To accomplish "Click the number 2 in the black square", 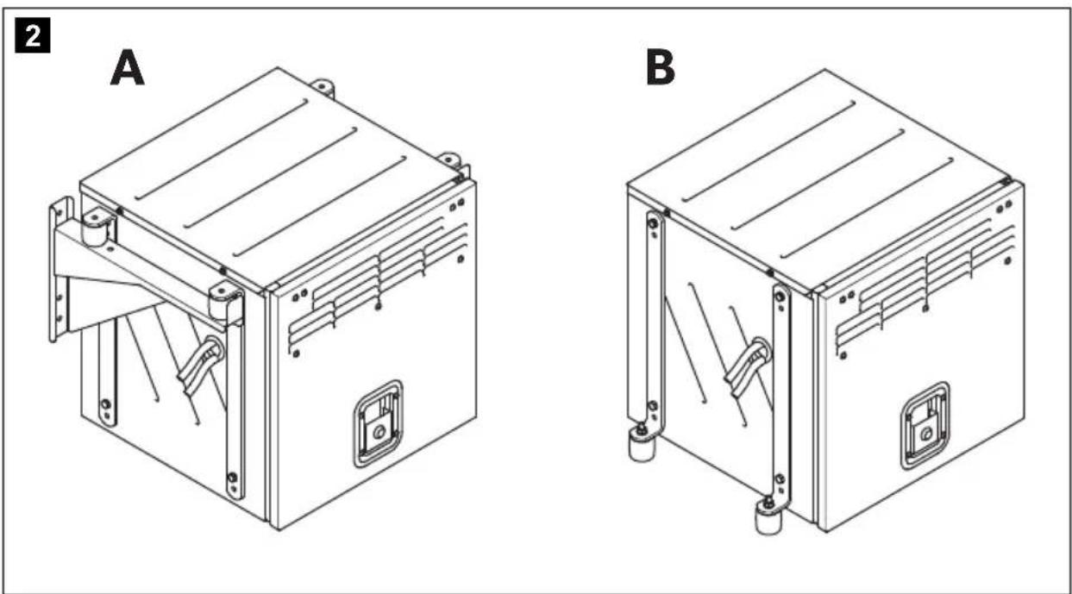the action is click(33, 35).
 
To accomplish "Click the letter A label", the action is click(128, 69).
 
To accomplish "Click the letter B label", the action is click(661, 68).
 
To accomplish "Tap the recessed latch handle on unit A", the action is click(378, 424).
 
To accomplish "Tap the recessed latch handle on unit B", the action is click(925, 426).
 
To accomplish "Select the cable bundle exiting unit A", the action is click(200, 366).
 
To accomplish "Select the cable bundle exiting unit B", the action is click(747, 366).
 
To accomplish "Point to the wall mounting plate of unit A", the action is click(60, 269).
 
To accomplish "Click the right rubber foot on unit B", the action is click(768, 517).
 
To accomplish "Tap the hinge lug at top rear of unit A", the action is click(323, 88).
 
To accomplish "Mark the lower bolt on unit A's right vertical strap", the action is click(233, 478).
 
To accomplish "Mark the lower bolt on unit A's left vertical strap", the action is click(105, 404).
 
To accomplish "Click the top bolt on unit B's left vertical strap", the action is click(652, 222).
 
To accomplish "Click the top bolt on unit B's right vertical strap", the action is click(780, 297).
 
